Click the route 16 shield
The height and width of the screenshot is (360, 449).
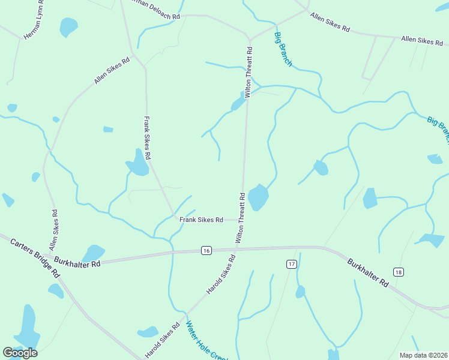[206, 250]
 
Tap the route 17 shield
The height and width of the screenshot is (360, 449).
[291, 264]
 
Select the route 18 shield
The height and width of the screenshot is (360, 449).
[398, 272]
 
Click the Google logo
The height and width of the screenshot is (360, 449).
[20, 353]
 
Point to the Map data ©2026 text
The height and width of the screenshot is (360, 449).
[423, 355]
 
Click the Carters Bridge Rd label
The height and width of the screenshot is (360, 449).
[35, 256]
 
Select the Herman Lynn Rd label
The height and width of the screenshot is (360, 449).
[34, 25]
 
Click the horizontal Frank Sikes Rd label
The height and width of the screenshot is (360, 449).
[201, 220]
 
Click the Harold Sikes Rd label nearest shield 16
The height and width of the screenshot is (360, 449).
[221, 274]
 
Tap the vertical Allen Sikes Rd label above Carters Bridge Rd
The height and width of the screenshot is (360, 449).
[54, 230]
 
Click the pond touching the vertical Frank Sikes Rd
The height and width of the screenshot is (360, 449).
[137, 163]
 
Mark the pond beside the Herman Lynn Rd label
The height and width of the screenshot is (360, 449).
[68, 26]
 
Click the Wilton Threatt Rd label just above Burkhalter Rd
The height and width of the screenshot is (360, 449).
[241, 217]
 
